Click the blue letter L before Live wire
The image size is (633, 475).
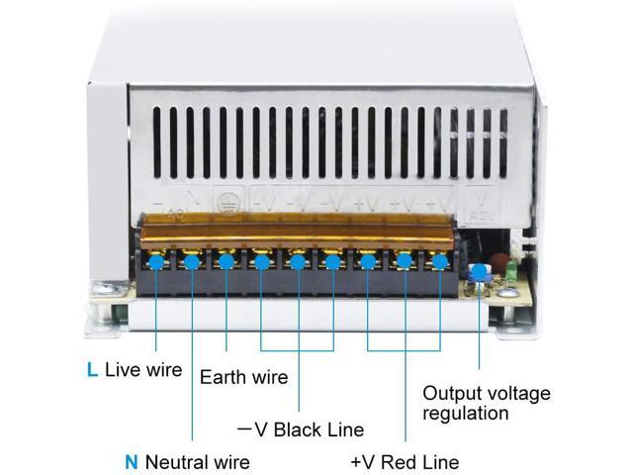tap(92, 370)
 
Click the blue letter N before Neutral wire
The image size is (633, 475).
tap(132, 461)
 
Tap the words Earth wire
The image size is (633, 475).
tap(243, 377)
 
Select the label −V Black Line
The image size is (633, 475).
tap(301, 429)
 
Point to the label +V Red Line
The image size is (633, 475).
tap(405, 461)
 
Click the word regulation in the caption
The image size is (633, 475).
tap(466, 413)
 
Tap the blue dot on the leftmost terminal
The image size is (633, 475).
tap(156, 262)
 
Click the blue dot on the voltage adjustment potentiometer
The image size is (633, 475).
tap(482, 273)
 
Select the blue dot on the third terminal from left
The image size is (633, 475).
tap(226, 262)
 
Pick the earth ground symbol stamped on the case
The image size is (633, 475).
tap(227, 199)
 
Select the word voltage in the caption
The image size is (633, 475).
tap(514, 393)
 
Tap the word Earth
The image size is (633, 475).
tap(223, 377)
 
